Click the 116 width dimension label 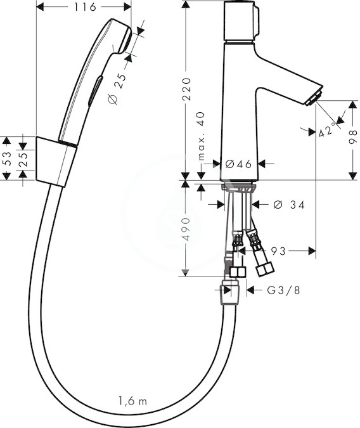tap(85, 7)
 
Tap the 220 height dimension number tap(187, 89)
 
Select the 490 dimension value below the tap tap(186, 230)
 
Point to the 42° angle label tap(327, 129)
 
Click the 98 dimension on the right tap(353, 137)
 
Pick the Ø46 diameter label tap(238, 164)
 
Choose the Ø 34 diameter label tap(289, 204)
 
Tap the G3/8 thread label tap(283, 290)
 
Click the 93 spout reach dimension tap(278, 251)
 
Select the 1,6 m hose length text tap(132, 401)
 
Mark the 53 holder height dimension tap(7, 159)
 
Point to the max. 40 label tap(201, 136)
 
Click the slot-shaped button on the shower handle tap(95, 91)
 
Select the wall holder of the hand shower tap(56, 162)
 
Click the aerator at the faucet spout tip tap(314, 98)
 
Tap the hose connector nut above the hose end tap(231, 293)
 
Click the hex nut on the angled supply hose tap(265, 268)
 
